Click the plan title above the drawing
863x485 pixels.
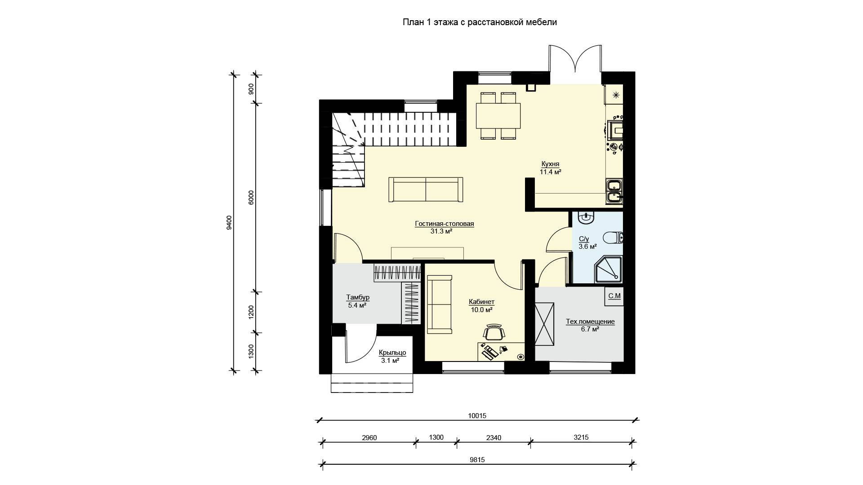click(x=480, y=22)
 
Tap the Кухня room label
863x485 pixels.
click(x=550, y=164)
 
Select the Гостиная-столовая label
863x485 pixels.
click(x=445, y=224)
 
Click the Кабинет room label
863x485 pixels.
click(x=481, y=302)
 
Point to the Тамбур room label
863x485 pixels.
click(x=358, y=297)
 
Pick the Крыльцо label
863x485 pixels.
click(x=392, y=353)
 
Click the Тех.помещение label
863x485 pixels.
click(x=590, y=322)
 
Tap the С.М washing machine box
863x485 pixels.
click(x=614, y=296)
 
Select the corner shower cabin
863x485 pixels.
click(x=608, y=270)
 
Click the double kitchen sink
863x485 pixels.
click(x=614, y=191)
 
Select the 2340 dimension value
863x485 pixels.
click(x=494, y=437)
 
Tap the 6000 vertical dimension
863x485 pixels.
click(x=251, y=198)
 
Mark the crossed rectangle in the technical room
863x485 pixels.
click(x=545, y=324)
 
